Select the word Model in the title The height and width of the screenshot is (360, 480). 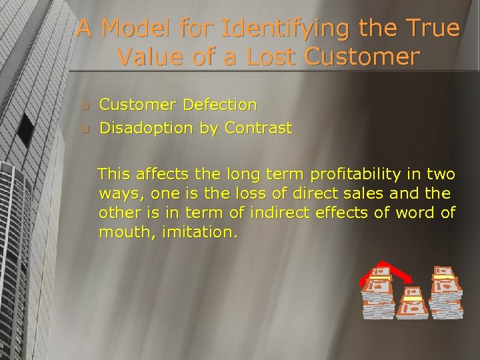[135, 29]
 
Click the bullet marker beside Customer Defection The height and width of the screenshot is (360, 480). [84, 105]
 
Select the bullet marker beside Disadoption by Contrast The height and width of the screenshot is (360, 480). [84, 129]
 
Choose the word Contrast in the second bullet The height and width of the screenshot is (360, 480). [258, 128]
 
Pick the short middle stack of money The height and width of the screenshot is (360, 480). [411, 304]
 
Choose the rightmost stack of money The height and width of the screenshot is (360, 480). [445, 292]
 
